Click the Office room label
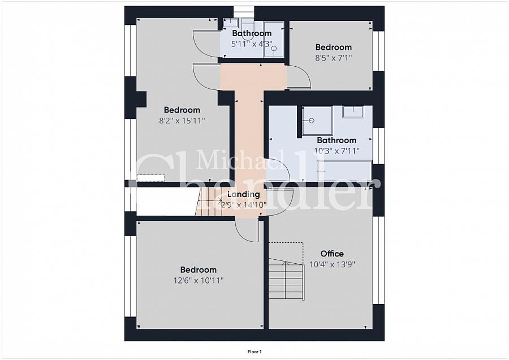(332, 254)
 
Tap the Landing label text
(243, 194)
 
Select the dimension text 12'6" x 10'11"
(199, 280)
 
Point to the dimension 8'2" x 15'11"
(182, 121)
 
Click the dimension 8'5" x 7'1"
(334, 58)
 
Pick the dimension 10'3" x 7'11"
(337, 151)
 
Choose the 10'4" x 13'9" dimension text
(332, 264)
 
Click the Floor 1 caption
(255, 352)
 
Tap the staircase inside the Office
(286, 280)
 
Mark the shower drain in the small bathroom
(274, 49)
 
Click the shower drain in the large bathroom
(312, 121)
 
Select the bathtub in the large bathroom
(344, 170)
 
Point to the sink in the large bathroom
(353, 112)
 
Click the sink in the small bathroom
(231, 23)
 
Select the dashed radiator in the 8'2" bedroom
(150, 178)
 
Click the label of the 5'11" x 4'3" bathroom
(252, 33)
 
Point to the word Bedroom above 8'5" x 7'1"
(334, 48)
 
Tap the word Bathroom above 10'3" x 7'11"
(337, 140)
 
